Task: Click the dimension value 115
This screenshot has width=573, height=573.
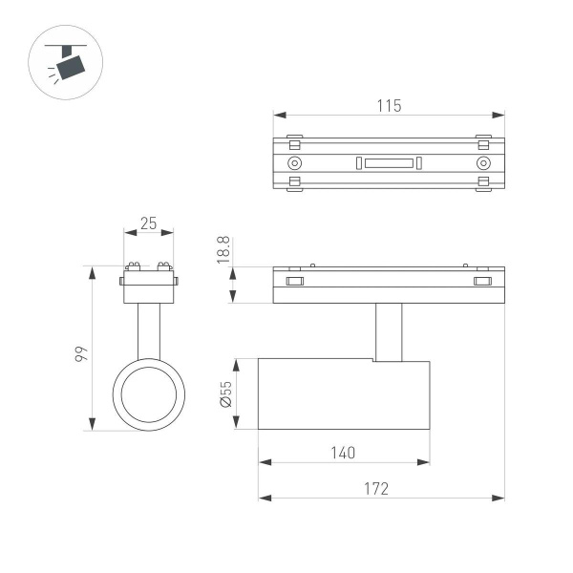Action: (x=389, y=105)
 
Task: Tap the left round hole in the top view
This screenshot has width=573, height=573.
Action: (x=295, y=163)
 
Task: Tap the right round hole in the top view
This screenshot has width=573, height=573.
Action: (x=482, y=163)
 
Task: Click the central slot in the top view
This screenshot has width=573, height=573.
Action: (x=389, y=163)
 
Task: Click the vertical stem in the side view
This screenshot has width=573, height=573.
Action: (x=389, y=331)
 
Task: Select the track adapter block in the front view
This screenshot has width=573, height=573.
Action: (x=147, y=286)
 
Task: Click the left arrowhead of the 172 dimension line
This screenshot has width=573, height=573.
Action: (x=263, y=498)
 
